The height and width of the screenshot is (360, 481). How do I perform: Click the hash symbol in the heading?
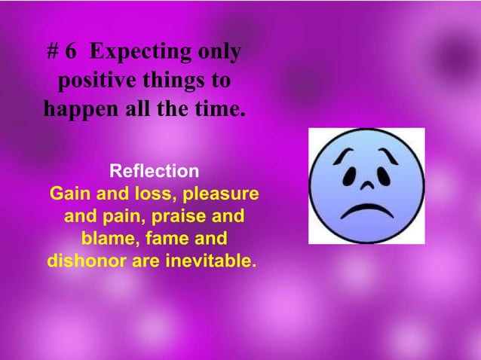(x=54, y=52)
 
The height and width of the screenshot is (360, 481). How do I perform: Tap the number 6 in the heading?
(x=71, y=52)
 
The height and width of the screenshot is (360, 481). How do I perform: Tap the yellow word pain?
(x=120, y=218)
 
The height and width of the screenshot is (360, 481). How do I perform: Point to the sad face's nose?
(x=366, y=185)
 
